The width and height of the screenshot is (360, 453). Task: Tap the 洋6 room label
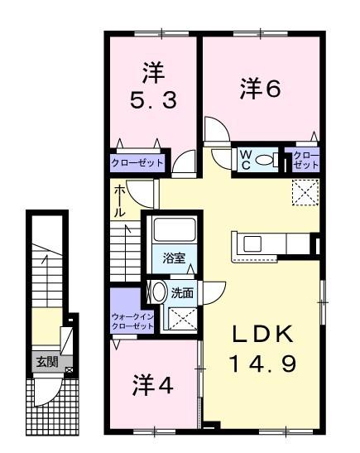pyautogui.click(x=262, y=88)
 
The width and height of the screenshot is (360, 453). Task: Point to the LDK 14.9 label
pyautogui.click(x=262, y=348)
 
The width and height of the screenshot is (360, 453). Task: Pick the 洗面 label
pyautogui.click(x=182, y=292)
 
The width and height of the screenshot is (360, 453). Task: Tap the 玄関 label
pyautogui.click(x=44, y=361)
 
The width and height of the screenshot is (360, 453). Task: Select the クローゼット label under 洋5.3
pyautogui.click(x=137, y=162)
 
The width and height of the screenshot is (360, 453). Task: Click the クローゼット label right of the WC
pyautogui.click(x=305, y=160)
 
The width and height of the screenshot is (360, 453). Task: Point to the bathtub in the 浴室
pyautogui.click(x=173, y=233)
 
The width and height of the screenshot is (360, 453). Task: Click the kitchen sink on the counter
pyautogui.click(x=251, y=243)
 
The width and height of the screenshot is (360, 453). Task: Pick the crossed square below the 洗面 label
pyautogui.click(x=177, y=317)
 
